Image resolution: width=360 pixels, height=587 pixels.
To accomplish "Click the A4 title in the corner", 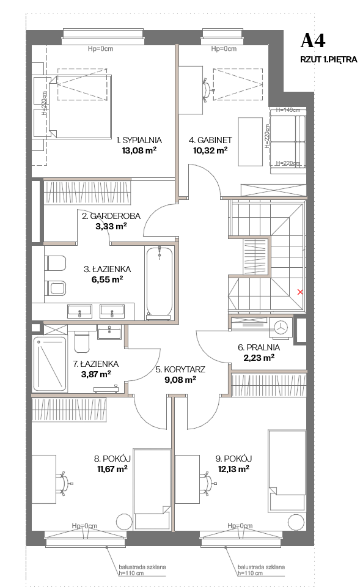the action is click(x=313, y=41).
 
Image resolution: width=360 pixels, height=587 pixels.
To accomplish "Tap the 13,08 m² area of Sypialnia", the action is click(x=139, y=150).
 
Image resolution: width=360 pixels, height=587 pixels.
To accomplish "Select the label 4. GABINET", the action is click(x=210, y=141).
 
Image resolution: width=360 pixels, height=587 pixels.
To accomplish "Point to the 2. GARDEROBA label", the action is click(x=111, y=216).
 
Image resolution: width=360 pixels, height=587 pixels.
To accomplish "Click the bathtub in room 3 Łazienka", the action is click(x=160, y=283).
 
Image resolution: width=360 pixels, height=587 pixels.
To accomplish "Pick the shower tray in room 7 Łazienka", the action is click(x=50, y=364).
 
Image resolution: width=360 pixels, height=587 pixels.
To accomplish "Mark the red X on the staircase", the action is click(x=299, y=292).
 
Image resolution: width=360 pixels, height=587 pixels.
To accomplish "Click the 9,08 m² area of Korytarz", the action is click(x=180, y=380).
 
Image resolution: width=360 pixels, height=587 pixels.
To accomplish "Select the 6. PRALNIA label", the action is click(x=259, y=347).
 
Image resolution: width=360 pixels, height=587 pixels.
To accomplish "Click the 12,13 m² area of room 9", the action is click(x=233, y=469).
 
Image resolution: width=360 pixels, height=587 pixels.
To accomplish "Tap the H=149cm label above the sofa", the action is click(x=288, y=109).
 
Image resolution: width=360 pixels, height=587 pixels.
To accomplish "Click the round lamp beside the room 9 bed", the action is click(x=296, y=522).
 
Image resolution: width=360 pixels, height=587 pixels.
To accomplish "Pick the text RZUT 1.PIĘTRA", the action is click(x=329, y=59).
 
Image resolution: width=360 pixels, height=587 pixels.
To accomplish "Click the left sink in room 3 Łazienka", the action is click(x=79, y=311).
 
